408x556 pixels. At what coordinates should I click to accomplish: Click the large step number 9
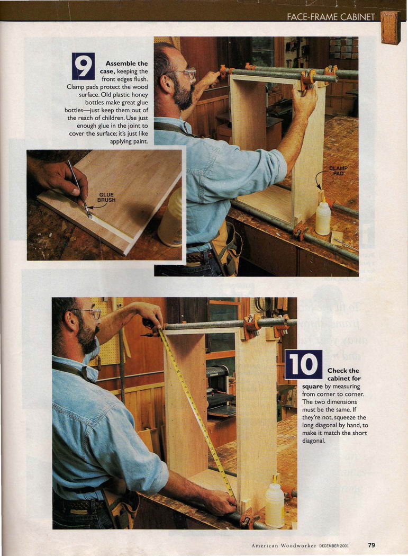tap(83, 66)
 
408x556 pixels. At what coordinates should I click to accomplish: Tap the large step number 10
tap(304, 364)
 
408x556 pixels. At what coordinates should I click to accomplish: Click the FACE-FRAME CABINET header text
tap(331, 16)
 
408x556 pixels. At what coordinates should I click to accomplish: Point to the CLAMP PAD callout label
tap(338, 171)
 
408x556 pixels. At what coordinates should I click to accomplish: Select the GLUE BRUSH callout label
tap(106, 197)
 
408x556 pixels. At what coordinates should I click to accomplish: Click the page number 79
tap(371, 545)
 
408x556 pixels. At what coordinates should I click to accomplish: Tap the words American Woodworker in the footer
tap(284, 545)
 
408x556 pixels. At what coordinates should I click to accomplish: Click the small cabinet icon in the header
tap(391, 28)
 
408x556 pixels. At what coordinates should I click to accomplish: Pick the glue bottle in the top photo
tap(323, 217)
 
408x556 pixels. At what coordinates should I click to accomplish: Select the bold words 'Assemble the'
tap(126, 64)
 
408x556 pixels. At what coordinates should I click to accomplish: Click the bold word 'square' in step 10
tap(312, 386)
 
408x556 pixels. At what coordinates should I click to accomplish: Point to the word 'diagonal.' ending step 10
tap(314, 441)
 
